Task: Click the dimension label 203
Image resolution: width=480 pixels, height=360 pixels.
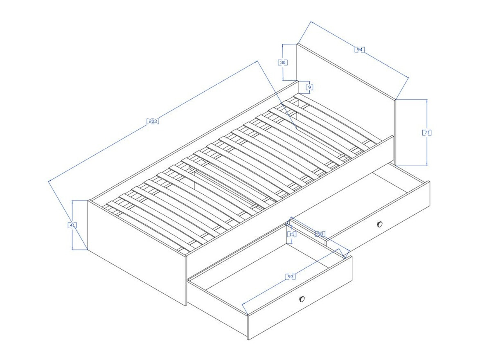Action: coord(152,121)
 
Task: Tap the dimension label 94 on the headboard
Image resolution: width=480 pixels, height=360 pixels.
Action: coord(359,49)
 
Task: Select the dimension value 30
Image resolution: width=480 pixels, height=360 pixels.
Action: coord(283,63)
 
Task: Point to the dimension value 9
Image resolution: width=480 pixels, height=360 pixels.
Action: coord(309,87)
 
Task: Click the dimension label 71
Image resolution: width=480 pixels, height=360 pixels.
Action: coord(427,133)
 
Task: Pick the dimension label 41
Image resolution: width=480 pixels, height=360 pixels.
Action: coord(72,225)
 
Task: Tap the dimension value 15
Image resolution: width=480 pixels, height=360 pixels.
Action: coord(292,234)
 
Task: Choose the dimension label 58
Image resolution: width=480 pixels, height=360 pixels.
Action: coord(320,234)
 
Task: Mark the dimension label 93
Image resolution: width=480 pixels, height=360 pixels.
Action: coord(290,277)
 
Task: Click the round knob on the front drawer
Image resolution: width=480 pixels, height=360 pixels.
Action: coord(302,299)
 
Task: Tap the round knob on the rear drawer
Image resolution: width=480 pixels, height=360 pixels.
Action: coord(380,224)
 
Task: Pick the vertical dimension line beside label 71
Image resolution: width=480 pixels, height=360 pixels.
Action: coord(427,151)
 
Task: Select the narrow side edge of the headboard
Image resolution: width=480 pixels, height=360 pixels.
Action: coord(396,131)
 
